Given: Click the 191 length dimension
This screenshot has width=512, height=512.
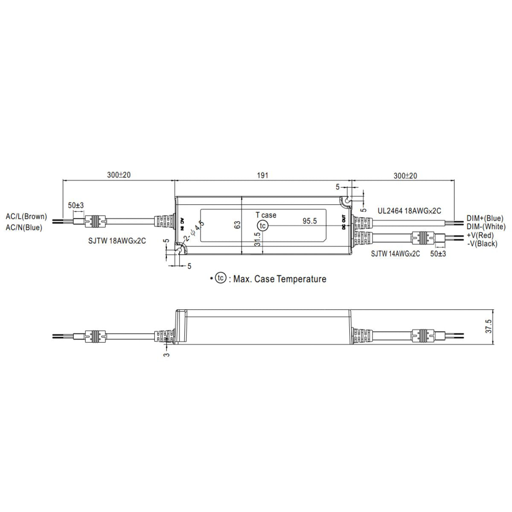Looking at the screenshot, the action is [262, 175].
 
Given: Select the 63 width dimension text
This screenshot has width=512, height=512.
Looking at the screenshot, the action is [238, 225].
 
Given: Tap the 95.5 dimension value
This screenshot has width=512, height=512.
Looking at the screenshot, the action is [309, 221].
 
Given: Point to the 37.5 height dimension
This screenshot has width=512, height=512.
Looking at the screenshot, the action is [489, 326].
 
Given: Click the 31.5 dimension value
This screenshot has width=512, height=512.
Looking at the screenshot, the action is [257, 239].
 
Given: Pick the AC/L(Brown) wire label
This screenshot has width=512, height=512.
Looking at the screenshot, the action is [26, 217].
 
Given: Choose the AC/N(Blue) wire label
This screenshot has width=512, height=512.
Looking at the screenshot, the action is [24, 227].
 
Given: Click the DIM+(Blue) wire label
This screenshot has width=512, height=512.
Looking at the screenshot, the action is [485, 218].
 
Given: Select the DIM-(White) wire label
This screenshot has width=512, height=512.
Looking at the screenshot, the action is [486, 227].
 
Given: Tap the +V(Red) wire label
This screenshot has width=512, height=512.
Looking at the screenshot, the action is [480, 235].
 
